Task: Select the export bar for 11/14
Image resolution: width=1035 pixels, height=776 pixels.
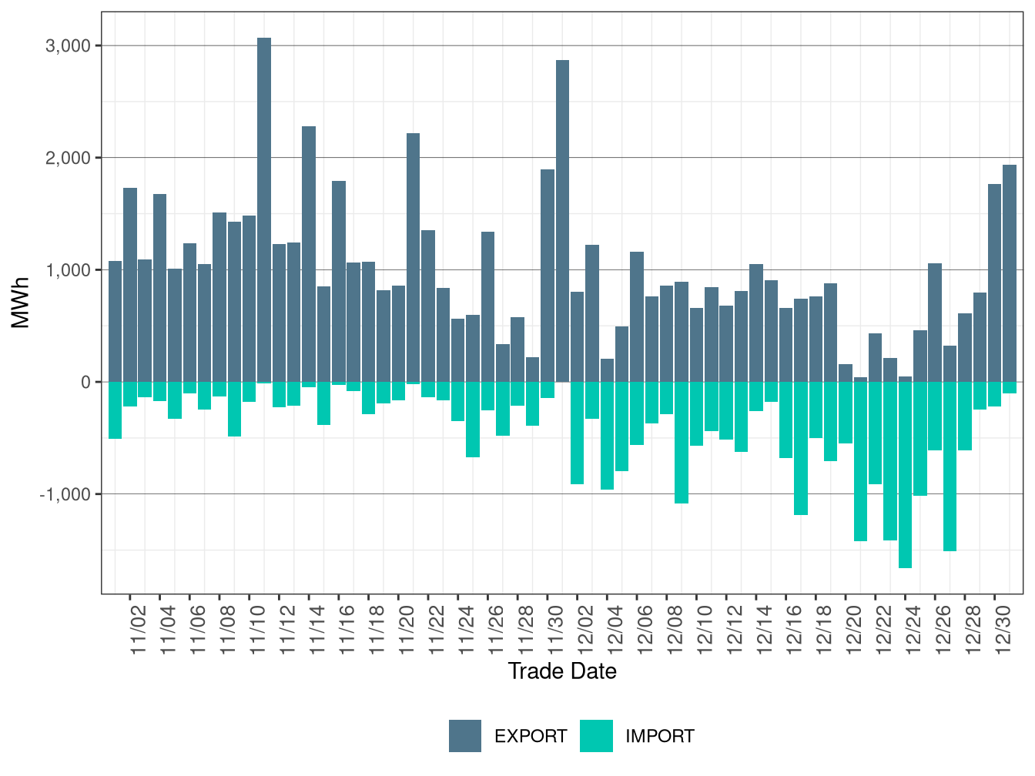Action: click(309, 254)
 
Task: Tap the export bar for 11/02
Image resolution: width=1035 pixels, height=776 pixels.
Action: click(130, 285)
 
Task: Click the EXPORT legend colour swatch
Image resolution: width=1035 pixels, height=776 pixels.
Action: click(465, 736)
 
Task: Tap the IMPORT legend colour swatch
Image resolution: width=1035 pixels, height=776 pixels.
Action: click(597, 736)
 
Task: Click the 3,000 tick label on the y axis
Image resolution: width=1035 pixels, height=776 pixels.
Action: click(68, 46)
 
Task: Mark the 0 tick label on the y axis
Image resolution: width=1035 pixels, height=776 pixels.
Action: click(85, 383)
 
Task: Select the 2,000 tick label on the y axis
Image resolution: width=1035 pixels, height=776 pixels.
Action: click(68, 159)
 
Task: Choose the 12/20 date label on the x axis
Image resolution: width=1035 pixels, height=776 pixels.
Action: click(854, 630)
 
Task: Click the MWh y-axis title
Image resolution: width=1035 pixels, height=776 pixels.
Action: click(21, 303)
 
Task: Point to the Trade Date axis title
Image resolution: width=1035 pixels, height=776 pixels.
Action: click(562, 671)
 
